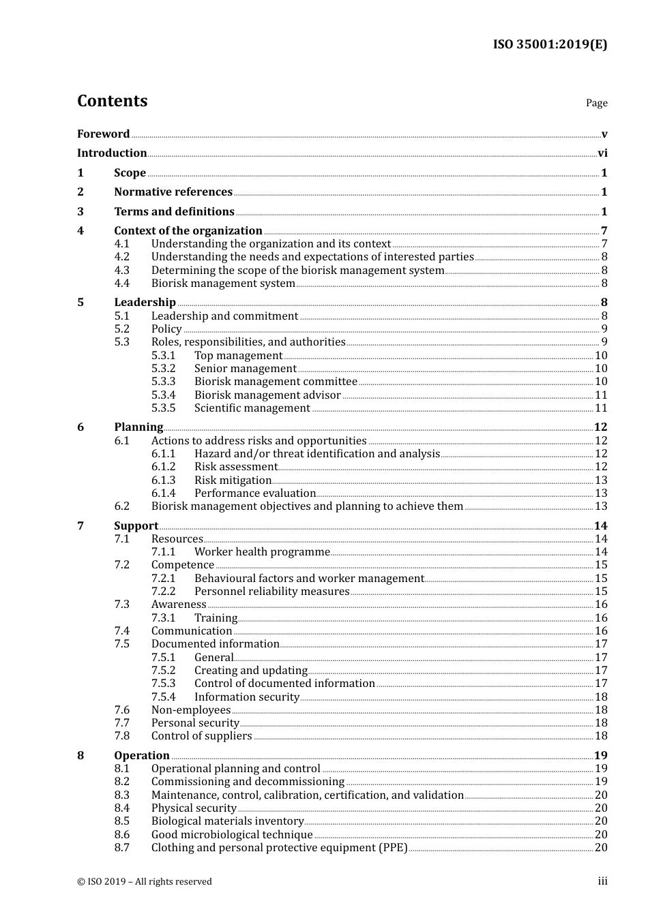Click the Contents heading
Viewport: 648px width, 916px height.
(x=112, y=101)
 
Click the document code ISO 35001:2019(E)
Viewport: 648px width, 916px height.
(x=550, y=44)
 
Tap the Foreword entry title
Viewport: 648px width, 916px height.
(x=103, y=134)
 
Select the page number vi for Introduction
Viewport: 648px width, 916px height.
(x=602, y=153)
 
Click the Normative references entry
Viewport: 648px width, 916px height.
(x=173, y=192)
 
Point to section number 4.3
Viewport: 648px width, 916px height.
(x=122, y=271)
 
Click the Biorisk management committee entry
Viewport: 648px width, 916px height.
(x=276, y=382)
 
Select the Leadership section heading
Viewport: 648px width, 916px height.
(x=145, y=303)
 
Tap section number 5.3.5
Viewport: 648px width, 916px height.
(x=163, y=408)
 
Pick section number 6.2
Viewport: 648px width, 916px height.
(x=122, y=506)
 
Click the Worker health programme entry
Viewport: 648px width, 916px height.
(x=262, y=552)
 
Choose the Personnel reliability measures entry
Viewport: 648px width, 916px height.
(x=271, y=592)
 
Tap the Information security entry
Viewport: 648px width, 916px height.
(x=246, y=697)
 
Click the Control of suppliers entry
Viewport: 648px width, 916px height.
(x=201, y=736)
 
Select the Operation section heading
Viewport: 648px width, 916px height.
(x=142, y=756)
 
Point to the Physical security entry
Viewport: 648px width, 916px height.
(x=194, y=808)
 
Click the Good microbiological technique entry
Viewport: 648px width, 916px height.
(x=232, y=835)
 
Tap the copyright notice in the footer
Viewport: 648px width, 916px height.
(x=145, y=882)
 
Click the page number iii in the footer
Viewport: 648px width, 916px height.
(x=602, y=882)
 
